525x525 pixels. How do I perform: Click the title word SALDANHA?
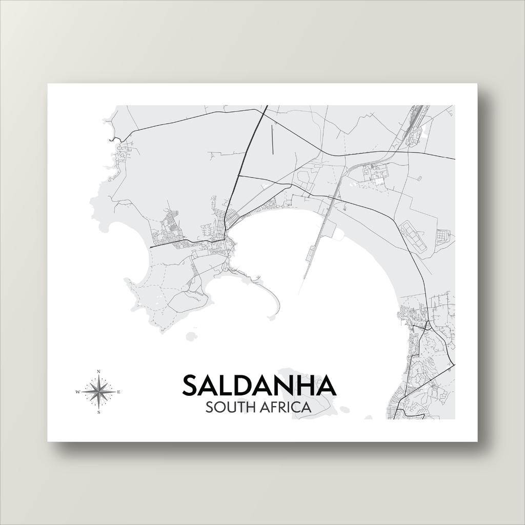tap(259, 386)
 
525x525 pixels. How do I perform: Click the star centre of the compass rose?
tap(98, 392)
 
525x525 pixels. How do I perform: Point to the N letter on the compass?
tap(98, 371)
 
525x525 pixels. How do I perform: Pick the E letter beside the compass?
tap(119, 392)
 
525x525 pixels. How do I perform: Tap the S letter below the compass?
tap(98, 413)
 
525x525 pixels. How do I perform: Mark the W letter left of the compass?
tap(78, 392)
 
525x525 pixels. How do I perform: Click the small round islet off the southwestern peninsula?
tap(191, 336)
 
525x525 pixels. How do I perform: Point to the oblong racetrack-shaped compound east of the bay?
tap(413, 236)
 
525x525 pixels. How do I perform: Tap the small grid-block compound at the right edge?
tap(442, 236)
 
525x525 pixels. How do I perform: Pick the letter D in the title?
tap(251, 386)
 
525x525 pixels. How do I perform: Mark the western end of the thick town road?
tap(151, 247)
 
